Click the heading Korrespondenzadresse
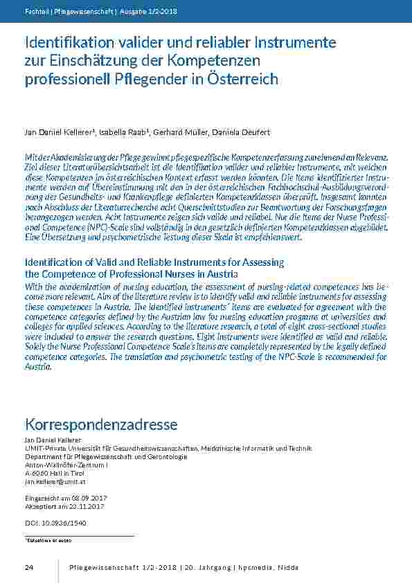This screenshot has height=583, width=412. point(101,424)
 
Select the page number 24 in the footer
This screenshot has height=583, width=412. point(29,568)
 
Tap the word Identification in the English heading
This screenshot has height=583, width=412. point(53,262)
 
